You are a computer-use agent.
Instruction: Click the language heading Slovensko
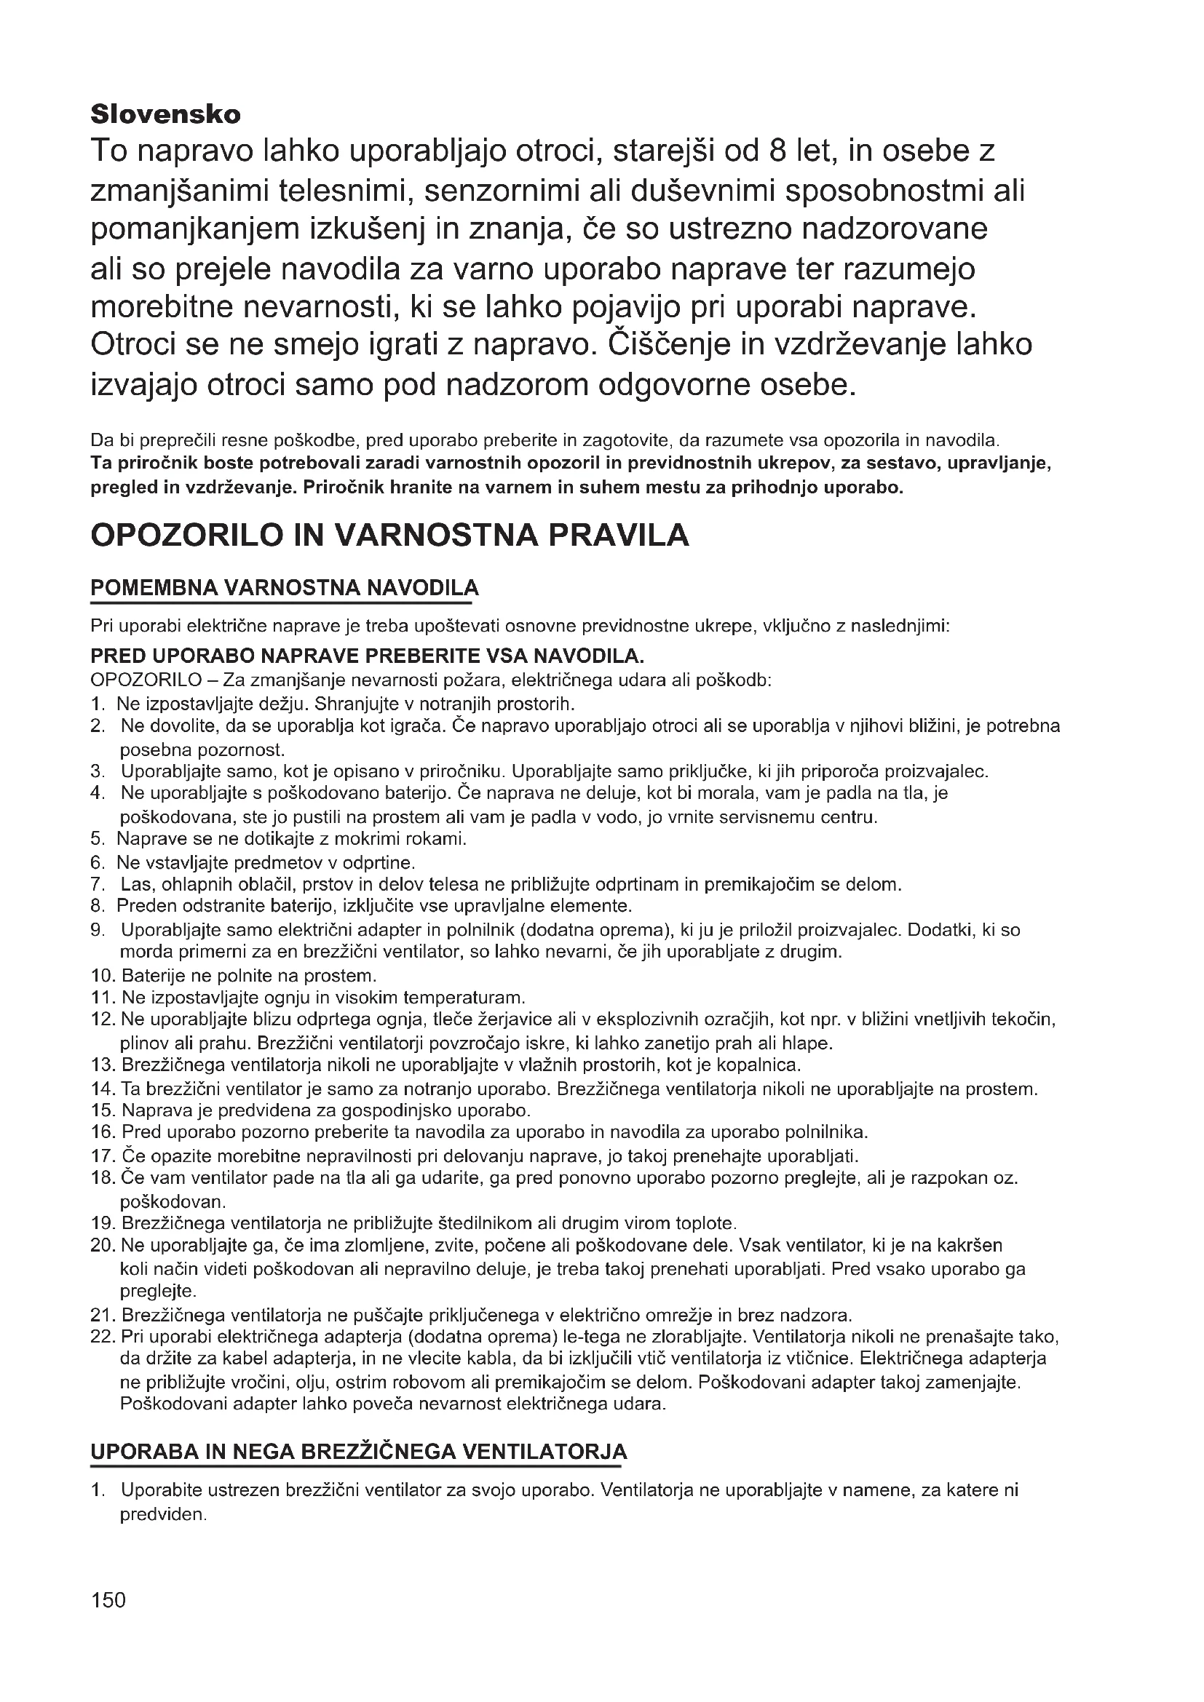coord(165,115)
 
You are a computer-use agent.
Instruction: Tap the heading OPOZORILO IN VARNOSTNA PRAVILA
coord(389,535)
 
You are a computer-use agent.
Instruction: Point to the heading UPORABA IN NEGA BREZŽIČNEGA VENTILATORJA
coord(358,1451)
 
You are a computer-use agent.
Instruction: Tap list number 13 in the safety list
coord(103,1065)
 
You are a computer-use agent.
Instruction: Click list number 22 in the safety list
coord(103,1337)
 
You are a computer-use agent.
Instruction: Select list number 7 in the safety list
coord(98,884)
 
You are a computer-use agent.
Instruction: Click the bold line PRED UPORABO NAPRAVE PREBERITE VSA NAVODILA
coord(367,656)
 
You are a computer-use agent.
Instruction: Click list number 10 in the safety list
coord(103,975)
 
